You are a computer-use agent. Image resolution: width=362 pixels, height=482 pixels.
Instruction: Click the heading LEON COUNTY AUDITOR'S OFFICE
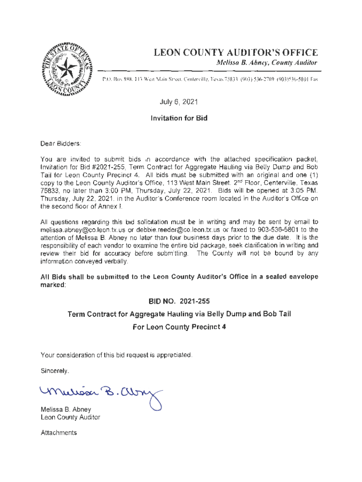(x=232, y=53)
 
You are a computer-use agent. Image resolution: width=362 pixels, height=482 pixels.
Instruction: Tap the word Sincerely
(x=55, y=371)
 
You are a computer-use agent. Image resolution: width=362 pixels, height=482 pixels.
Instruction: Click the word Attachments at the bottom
(x=59, y=433)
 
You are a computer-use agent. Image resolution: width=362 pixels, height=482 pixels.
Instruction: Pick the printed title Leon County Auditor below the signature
(x=71, y=417)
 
